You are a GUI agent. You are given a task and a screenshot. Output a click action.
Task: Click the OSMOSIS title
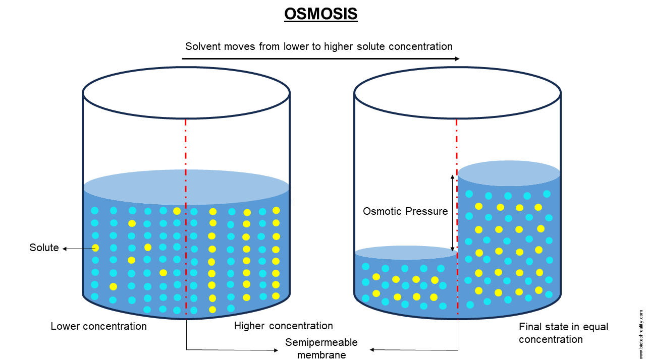(321, 14)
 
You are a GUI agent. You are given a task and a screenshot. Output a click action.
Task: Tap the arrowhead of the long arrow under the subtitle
(457, 59)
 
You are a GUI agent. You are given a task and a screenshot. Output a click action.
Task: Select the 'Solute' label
(44, 248)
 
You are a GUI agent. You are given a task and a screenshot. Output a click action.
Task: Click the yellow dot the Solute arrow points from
(95, 248)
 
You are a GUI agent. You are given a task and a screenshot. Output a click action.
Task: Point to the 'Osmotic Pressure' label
(405, 211)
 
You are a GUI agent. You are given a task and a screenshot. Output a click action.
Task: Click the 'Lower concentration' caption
(98, 326)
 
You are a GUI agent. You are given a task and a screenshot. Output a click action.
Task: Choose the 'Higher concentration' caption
(284, 326)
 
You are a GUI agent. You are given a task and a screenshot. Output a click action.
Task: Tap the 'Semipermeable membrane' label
(321, 348)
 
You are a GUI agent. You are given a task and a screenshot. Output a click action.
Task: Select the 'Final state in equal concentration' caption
(563, 333)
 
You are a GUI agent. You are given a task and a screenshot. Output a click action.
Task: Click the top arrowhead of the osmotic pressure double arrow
(453, 176)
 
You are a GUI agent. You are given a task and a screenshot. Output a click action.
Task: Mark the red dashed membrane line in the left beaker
(186, 151)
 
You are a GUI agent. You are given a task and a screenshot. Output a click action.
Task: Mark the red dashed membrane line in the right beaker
(457, 141)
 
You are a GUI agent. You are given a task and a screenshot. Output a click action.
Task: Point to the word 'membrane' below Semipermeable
(321, 355)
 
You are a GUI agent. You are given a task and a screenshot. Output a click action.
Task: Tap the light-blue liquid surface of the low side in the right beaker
(399, 253)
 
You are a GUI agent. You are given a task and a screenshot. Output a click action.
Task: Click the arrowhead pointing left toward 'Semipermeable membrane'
(372, 349)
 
